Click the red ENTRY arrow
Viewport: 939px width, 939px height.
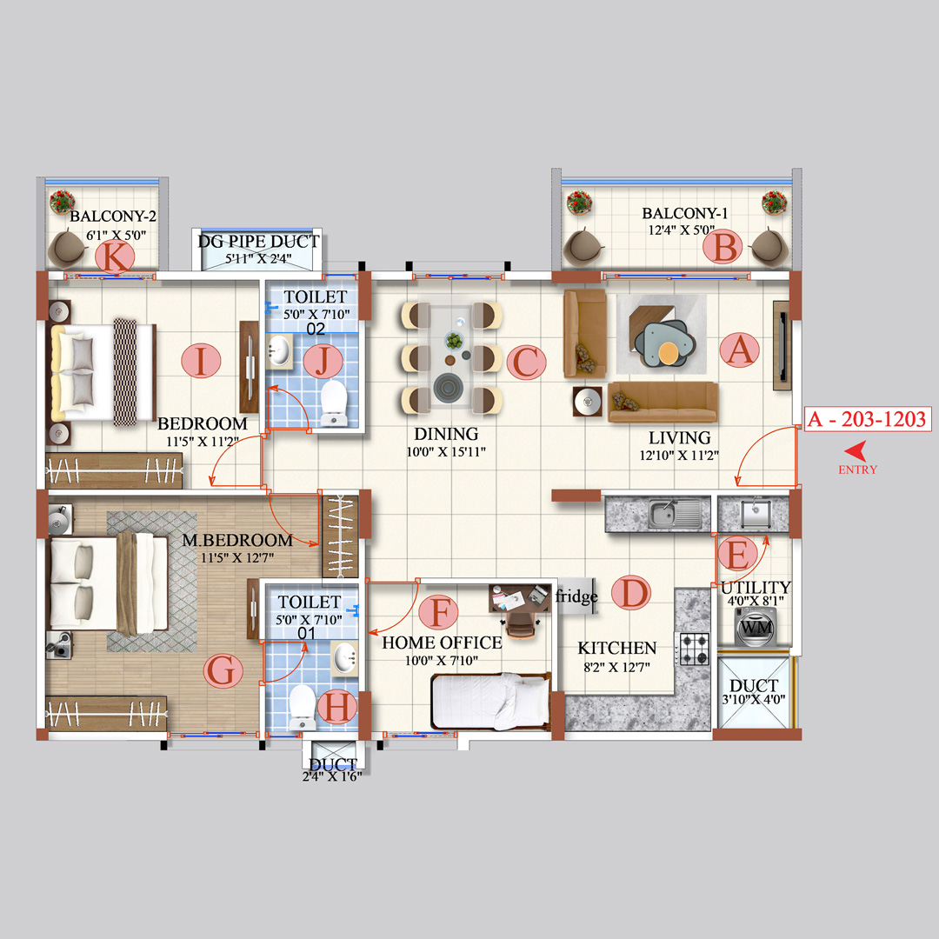[856, 450]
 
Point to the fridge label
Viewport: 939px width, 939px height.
[576, 596]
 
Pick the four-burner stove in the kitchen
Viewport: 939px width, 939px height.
[693, 646]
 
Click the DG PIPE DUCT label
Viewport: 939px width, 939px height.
[259, 242]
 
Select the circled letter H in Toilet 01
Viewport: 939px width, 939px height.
[338, 708]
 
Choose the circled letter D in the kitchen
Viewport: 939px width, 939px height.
[630, 594]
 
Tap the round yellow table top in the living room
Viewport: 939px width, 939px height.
[669, 353]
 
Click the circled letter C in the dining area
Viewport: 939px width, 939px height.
[525, 363]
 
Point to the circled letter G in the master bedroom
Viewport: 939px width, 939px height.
[223, 671]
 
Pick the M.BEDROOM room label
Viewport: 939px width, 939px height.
[237, 540]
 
